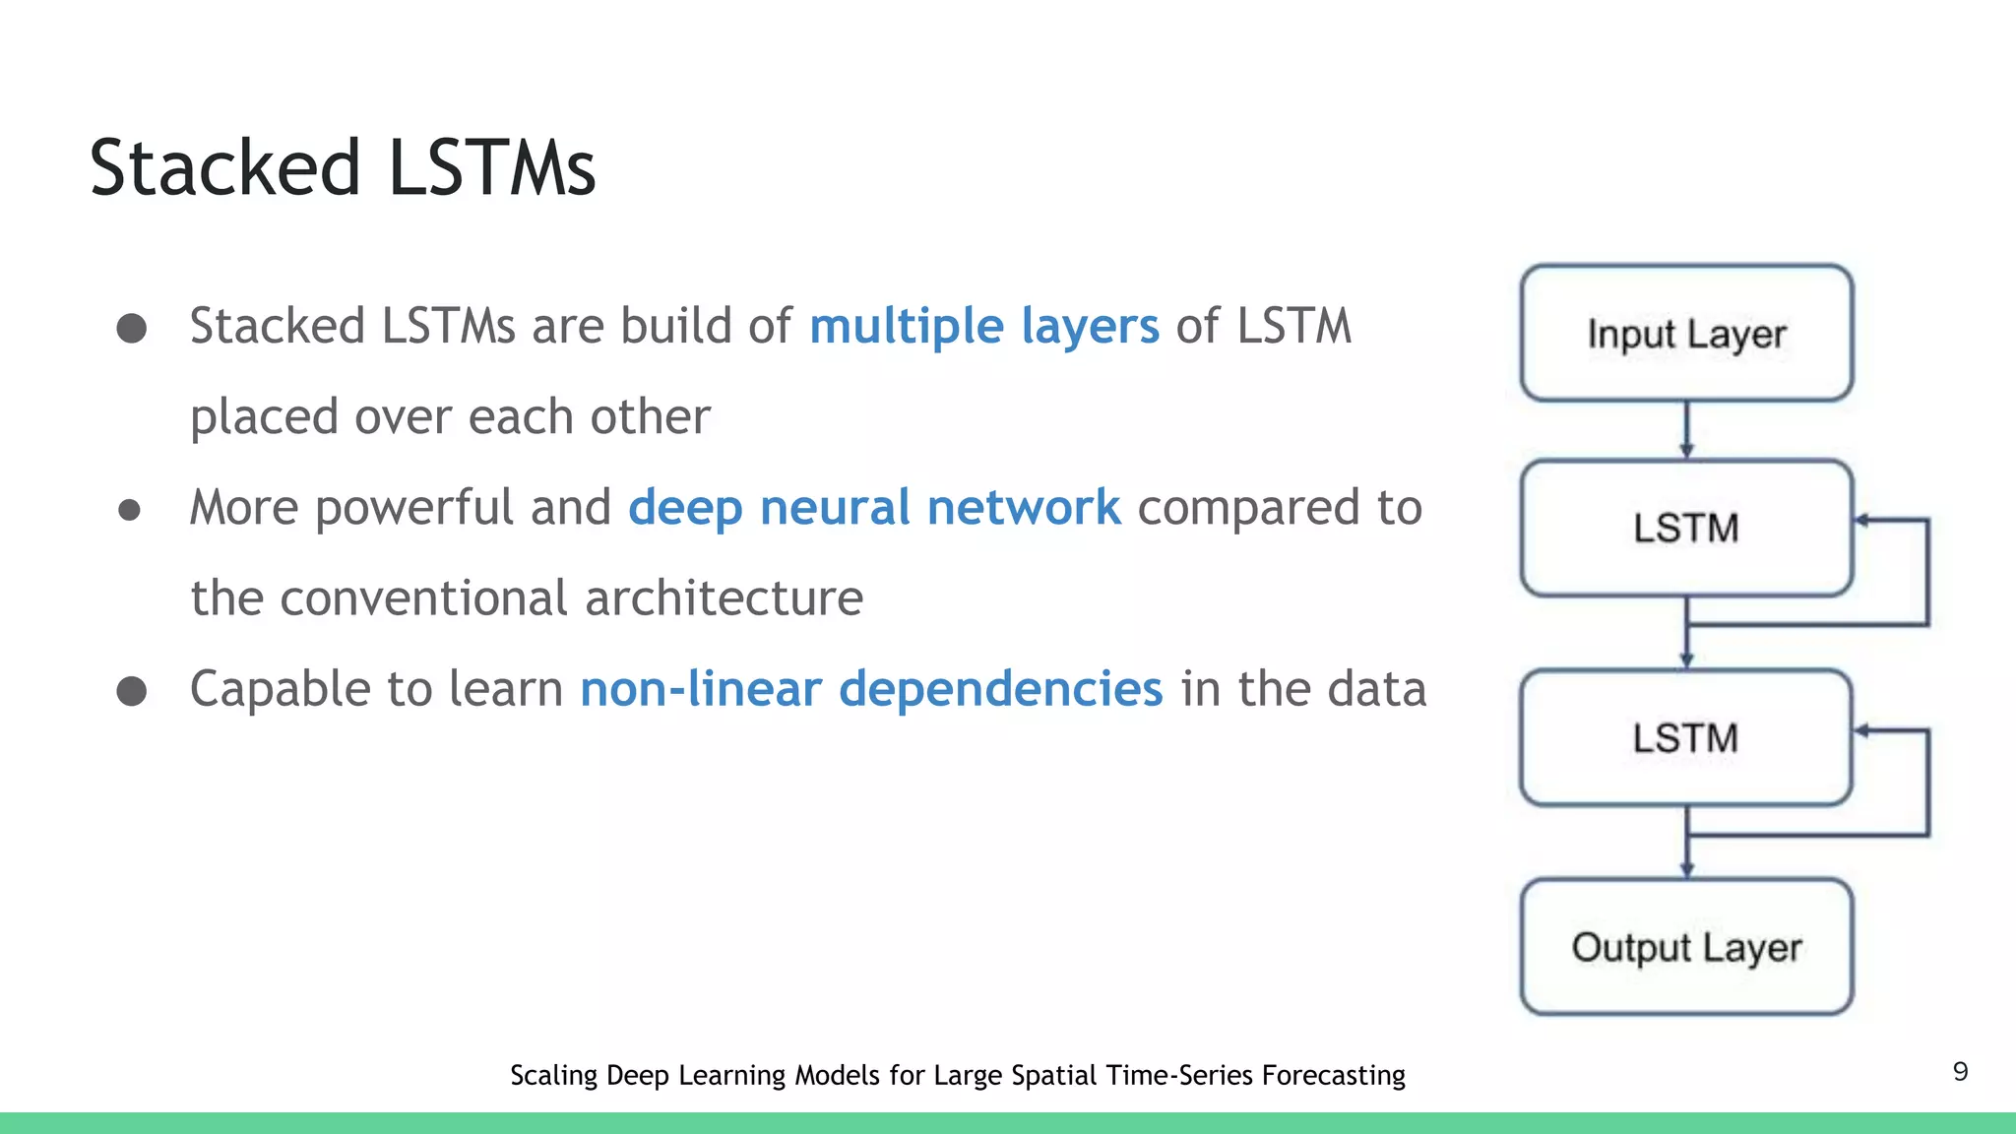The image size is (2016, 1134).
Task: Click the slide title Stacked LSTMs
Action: point(342,168)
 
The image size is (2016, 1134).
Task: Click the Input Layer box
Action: point(1686,334)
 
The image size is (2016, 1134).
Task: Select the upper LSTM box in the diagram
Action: point(1686,529)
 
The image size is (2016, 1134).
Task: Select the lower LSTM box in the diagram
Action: point(1686,738)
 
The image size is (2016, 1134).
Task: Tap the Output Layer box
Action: point(1686,947)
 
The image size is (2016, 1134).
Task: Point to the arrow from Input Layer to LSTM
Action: point(1686,430)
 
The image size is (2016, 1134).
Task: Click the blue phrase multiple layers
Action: point(983,326)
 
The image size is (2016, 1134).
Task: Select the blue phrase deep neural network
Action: point(874,508)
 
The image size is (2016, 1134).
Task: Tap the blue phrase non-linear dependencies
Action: point(871,689)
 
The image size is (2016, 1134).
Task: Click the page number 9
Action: point(1960,1072)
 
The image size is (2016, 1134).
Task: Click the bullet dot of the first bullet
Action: point(132,328)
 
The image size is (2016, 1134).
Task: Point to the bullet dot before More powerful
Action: point(129,510)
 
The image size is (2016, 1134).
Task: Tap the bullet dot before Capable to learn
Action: point(132,691)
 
